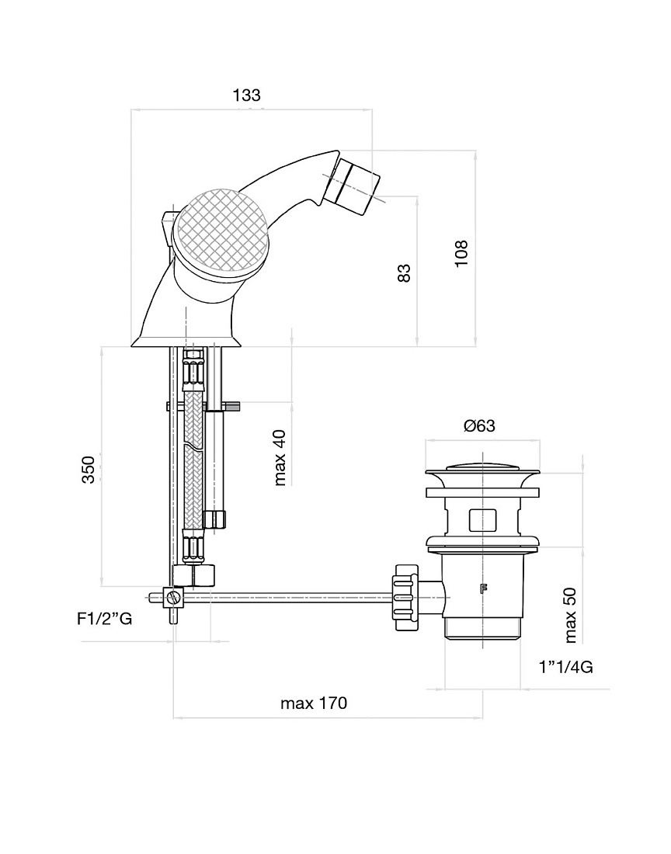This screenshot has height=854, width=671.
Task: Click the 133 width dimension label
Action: [x=247, y=95]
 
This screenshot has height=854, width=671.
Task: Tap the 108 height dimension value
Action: [x=461, y=253]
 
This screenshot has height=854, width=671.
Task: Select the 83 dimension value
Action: [x=404, y=273]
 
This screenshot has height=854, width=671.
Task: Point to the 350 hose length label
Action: [x=89, y=470]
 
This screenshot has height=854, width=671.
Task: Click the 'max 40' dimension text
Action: [x=280, y=457]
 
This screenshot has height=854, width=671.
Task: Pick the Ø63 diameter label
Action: [x=479, y=425]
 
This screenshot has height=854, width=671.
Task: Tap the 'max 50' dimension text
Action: [x=570, y=615]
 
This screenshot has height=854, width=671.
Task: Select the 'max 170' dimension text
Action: [x=314, y=703]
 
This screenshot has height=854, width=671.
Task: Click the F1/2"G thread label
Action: [x=105, y=619]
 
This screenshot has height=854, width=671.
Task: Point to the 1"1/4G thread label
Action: [x=566, y=667]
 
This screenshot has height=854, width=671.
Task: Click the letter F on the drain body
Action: [x=482, y=588]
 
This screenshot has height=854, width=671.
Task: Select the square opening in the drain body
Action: [x=482, y=519]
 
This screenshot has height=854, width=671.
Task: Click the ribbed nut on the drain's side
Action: [x=405, y=598]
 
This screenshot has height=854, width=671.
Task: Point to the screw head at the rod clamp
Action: [x=174, y=597]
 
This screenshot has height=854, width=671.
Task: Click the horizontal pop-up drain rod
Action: [x=289, y=598]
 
